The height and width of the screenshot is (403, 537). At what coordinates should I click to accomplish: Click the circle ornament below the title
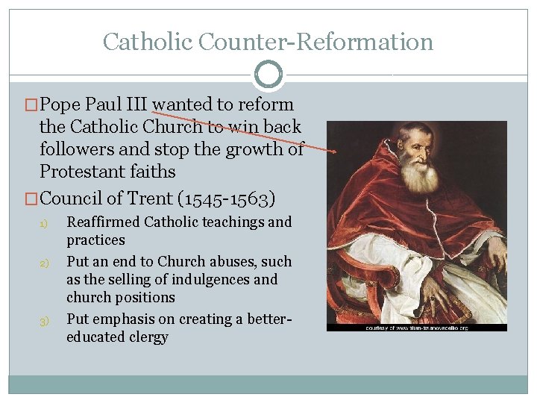[268, 75]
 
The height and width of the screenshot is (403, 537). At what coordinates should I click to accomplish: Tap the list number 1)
[43, 223]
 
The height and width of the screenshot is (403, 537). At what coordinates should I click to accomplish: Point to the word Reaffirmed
[104, 222]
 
